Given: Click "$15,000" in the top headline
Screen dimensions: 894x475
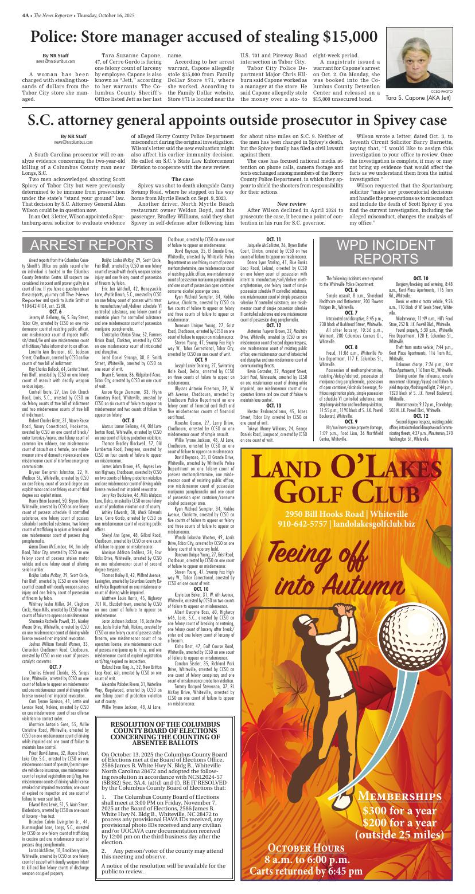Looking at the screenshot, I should click(x=350, y=37).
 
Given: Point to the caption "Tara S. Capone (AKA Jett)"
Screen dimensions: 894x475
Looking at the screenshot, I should click(x=419, y=98).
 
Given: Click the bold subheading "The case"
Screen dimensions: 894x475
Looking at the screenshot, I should click(x=182, y=179).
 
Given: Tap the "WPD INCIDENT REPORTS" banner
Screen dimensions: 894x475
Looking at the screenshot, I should click(x=397, y=252).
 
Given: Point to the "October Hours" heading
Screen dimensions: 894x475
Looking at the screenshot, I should click(x=307, y=848).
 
